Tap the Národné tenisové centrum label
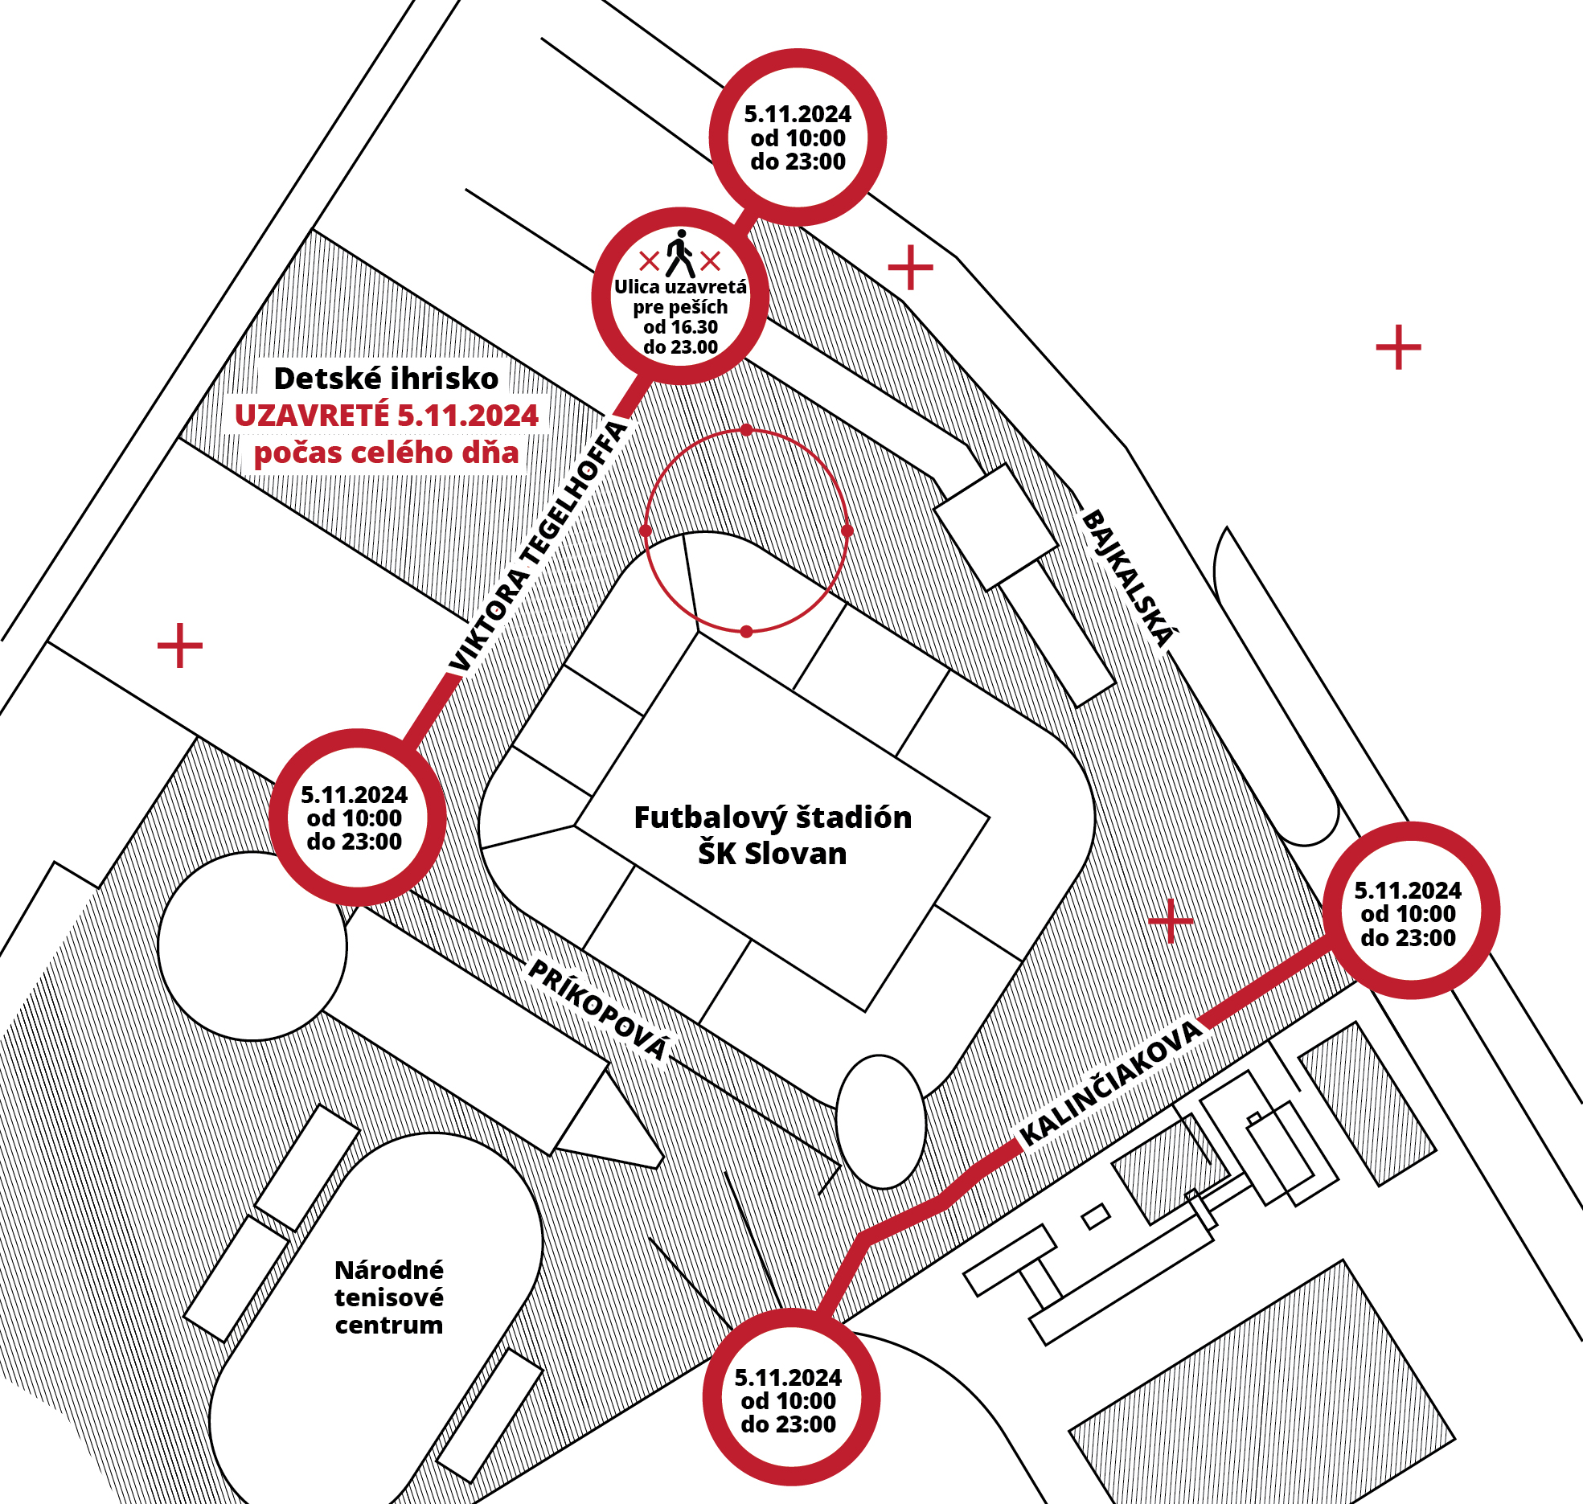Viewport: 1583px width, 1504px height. (x=389, y=1297)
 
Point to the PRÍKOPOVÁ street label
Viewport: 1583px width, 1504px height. (x=599, y=1010)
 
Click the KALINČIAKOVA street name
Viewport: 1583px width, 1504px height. (x=1111, y=1083)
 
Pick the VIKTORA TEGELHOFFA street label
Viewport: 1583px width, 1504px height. (x=537, y=547)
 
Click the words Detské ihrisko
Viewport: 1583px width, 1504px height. (x=386, y=379)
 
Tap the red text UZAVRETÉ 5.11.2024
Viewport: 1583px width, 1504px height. (x=386, y=416)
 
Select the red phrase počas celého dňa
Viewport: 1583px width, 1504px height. (x=386, y=453)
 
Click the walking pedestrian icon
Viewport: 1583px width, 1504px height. (x=680, y=253)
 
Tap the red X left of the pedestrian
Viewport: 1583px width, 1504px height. (x=649, y=260)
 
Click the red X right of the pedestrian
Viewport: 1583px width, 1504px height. (x=711, y=260)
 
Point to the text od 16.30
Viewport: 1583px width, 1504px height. (x=680, y=327)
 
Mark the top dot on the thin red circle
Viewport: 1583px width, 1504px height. (x=747, y=430)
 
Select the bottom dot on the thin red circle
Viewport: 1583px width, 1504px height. (x=747, y=632)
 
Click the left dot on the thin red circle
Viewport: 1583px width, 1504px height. (x=645, y=531)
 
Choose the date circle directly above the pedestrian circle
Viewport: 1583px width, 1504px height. (x=798, y=137)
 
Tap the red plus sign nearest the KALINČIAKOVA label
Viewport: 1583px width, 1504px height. (x=1171, y=920)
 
